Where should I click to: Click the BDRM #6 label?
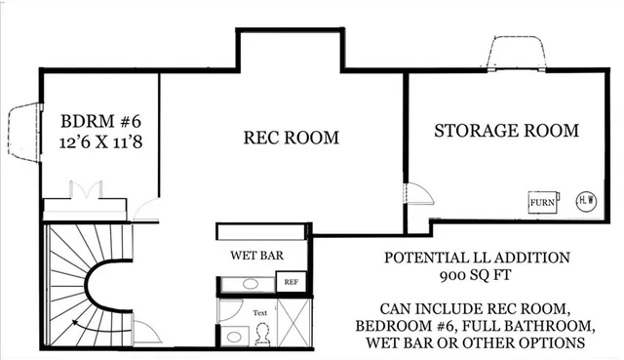coord(101,122)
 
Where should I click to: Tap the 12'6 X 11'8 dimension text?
coord(101,143)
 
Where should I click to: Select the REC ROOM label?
coord(291,138)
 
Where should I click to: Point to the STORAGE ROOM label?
coord(506,130)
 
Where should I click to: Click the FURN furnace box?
coord(542,202)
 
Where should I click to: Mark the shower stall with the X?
coord(292,323)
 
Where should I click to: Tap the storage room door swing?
coord(416,201)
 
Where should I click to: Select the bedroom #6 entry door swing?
coord(146,208)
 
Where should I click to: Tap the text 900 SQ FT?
coord(476,276)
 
